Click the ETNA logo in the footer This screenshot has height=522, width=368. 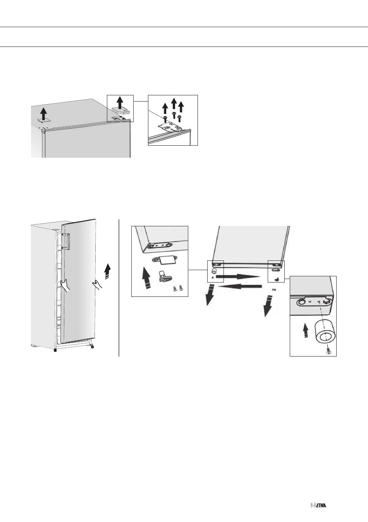coord(318,503)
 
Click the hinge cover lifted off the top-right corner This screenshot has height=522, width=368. coord(120,110)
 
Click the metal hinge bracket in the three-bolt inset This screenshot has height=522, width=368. coord(171,128)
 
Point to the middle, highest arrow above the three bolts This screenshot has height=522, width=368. coord(174,103)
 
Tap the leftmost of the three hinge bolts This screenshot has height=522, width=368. coord(165,119)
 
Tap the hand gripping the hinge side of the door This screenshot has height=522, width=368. coord(65,286)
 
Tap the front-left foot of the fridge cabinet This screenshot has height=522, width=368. coord(55,350)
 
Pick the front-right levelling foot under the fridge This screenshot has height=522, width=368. coord(93,346)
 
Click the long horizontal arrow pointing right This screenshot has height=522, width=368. coord(238,277)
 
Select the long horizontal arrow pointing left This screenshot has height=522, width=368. coord(240,286)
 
